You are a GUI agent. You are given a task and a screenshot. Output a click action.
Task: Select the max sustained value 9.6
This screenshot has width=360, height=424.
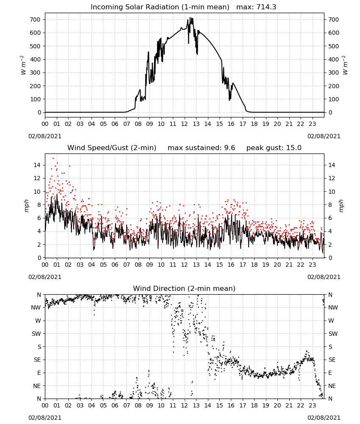tap(230, 148)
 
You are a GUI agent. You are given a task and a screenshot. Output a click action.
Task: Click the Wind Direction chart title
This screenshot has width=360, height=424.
tap(184, 288)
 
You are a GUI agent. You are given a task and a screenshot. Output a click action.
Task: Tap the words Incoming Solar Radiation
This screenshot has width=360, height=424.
tap(135, 7)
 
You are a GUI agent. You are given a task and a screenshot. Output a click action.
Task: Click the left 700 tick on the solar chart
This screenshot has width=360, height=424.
tap(35, 20)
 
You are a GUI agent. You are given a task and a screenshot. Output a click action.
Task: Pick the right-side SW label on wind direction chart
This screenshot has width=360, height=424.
tap(333, 334)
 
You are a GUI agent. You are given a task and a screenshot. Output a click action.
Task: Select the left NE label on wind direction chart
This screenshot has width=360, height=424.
tap(37, 386)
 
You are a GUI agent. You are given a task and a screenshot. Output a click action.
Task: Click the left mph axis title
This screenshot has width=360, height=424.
tap(26, 206)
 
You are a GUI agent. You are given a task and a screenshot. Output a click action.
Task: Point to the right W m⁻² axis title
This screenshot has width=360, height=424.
tap(345, 65)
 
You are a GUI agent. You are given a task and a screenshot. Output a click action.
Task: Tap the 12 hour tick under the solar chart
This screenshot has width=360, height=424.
tap(184, 124)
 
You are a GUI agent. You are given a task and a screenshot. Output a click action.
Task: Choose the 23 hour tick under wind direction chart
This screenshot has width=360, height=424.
tap(312, 405)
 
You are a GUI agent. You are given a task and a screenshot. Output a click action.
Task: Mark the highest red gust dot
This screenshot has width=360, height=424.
tap(53, 158)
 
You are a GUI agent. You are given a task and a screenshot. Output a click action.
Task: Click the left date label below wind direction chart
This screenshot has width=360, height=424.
tap(45, 418)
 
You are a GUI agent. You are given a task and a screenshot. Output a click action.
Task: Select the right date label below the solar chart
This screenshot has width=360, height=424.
tap(324, 136)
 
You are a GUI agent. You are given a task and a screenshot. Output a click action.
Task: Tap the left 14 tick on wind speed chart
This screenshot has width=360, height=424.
tap(37, 165)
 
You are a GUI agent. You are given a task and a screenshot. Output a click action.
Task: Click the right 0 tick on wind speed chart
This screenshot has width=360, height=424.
tap(330, 258)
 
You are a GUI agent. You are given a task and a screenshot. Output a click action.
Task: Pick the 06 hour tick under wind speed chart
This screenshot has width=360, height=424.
tap(115, 265)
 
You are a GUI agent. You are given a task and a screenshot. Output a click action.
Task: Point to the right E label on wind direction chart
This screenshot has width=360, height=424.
tap(330, 373)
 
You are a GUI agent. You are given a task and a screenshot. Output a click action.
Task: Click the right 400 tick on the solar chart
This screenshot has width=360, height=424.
tap(334, 59)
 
